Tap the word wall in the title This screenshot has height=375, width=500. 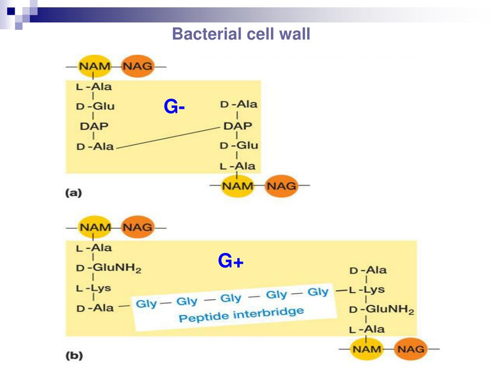click(x=294, y=34)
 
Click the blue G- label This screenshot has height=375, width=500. click(x=174, y=107)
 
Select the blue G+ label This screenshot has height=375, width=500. click(x=230, y=262)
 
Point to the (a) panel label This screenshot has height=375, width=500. click(x=73, y=193)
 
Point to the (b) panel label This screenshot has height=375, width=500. click(x=74, y=356)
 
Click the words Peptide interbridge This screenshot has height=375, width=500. click(x=241, y=314)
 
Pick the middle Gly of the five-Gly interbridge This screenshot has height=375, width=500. click(x=231, y=298)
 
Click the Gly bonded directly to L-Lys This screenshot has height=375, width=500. click(x=318, y=292)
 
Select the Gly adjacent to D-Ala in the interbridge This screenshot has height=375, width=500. click(x=146, y=304)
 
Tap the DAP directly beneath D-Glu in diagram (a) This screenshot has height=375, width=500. click(x=94, y=126)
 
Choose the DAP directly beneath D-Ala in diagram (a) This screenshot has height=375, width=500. click(x=238, y=126)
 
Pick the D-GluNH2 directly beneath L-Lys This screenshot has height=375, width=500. click(x=381, y=310)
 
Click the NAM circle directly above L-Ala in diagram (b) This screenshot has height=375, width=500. click(x=95, y=227)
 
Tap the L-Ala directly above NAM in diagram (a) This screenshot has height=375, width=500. click(x=237, y=166)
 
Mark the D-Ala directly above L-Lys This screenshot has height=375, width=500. click(x=368, y=270)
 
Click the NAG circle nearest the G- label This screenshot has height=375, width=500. click(x=138, y=66)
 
